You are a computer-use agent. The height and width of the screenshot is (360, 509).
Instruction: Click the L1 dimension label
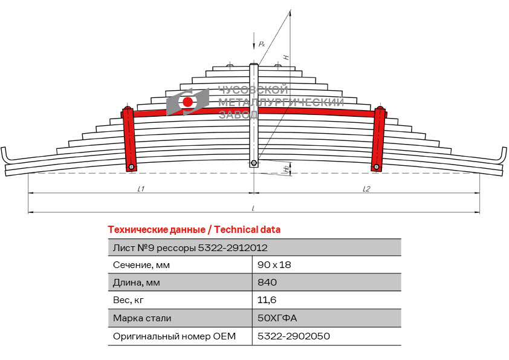140,189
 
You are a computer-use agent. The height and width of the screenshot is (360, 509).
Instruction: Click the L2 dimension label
366,189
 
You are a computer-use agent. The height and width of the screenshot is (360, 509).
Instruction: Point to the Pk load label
261,44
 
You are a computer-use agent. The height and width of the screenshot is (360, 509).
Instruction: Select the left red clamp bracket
129,139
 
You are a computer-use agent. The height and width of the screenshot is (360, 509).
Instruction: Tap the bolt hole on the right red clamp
377,167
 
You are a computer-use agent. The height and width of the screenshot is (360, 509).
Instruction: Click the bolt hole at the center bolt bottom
254,163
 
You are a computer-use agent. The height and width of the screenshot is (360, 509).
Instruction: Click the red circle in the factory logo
188,102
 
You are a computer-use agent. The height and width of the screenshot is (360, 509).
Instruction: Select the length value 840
267,283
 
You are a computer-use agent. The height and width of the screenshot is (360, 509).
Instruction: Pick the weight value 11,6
267,300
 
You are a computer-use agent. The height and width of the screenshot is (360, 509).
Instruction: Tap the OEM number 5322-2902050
294,336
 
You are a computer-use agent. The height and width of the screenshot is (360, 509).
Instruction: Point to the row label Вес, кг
129,300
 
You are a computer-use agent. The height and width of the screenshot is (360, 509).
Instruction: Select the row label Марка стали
142,318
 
